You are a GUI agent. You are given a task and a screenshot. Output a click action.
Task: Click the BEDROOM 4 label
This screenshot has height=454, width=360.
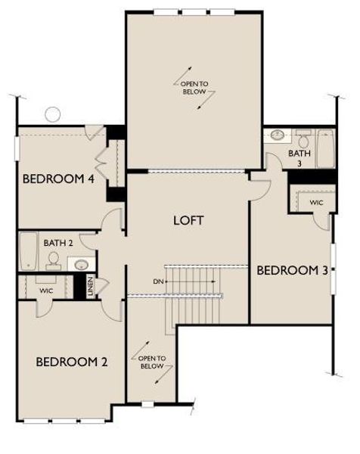(58, 179)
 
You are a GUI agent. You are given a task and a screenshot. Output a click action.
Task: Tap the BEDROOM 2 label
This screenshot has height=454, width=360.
(72, 362)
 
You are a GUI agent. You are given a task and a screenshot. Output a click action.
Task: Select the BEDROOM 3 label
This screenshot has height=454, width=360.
(293, 270)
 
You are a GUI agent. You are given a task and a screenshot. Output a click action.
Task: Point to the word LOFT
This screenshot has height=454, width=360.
(189, 220)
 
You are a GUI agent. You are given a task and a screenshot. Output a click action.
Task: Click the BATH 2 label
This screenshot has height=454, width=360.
(57, 243)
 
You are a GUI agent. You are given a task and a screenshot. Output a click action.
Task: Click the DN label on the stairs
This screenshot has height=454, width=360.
(158, 281)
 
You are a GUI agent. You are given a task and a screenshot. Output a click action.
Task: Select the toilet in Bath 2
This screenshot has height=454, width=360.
(54, 260)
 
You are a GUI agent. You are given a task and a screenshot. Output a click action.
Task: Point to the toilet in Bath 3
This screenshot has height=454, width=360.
(304, 139)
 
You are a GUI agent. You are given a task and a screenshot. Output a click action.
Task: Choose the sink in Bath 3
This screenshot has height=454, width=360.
(278, 136)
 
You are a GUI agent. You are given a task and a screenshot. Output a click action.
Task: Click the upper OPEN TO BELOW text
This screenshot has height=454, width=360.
(195, 87)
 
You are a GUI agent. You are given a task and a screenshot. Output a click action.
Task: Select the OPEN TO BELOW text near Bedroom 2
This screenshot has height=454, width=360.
(152, 362)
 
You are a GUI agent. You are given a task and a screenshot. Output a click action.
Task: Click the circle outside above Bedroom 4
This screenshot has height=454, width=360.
(52, 114)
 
